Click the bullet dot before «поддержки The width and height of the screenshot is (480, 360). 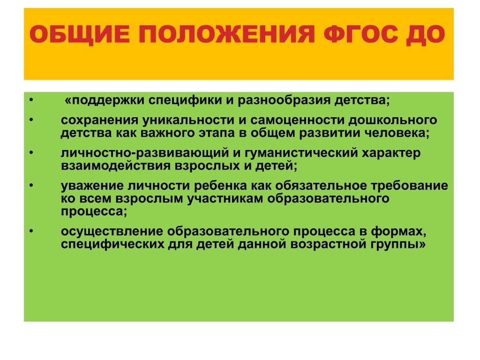(30, 101)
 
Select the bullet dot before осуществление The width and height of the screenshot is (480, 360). (30, 232)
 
